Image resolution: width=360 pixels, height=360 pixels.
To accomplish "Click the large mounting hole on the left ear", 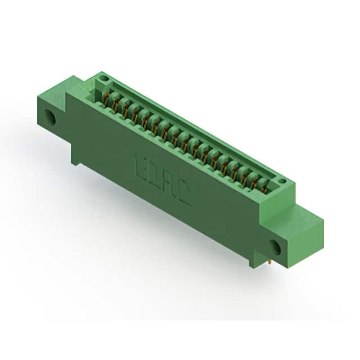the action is pos(50,117).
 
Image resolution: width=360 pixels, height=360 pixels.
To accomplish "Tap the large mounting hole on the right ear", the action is pos(275,247).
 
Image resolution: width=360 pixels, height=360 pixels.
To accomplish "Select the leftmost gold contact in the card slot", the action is pos(106,99).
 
